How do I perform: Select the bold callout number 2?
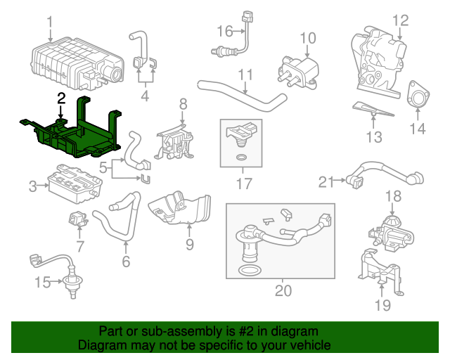(62, 98)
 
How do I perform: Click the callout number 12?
(399, 20)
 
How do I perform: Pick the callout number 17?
(243, 186)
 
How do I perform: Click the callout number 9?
(189, 244)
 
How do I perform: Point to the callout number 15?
(42, 283)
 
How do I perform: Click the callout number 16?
(224, 31)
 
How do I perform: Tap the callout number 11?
(245, 74)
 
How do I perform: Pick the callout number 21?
(325, 183)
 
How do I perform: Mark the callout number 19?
(381, 304)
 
